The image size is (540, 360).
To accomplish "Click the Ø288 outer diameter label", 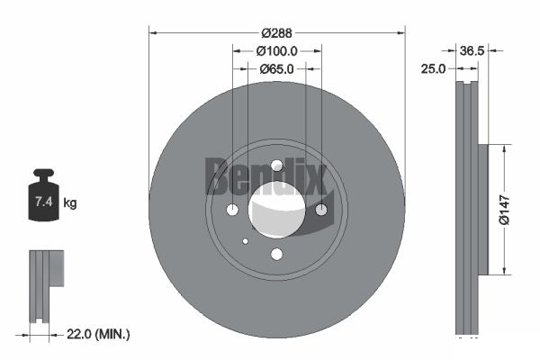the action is click(x=276, y=33).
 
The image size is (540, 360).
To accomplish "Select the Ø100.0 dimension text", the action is click(x=276, y=51).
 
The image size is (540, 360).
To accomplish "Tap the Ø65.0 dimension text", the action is click(x=276, y=69).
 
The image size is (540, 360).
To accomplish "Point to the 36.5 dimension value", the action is click(x=472, y=51).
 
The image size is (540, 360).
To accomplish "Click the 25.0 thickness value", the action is click(x=433, y=69).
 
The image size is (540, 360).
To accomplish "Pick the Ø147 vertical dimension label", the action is click(x=505, y=210).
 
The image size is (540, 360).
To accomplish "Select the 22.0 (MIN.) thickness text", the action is click(x=98, y=334).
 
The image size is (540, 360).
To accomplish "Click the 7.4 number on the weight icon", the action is click(x=44, y=202).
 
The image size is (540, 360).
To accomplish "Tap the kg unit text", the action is click(x=70, y=203).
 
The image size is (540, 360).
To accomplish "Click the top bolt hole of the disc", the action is click(x=276, y=166).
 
